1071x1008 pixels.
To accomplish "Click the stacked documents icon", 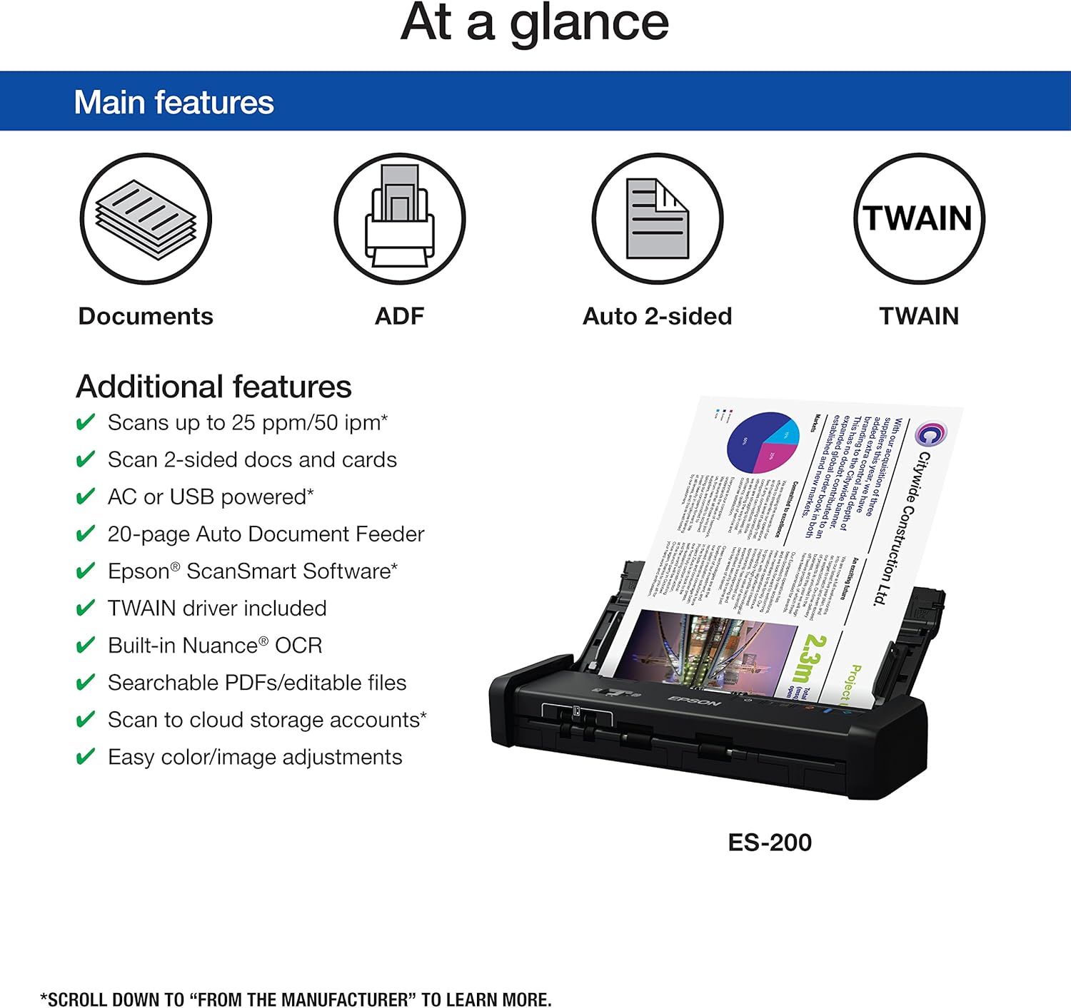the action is [146, 218].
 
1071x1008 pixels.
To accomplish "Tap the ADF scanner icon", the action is [399, 218].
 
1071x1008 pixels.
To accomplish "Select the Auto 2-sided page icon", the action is [657, 218].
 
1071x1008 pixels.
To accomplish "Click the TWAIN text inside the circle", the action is [919, 218].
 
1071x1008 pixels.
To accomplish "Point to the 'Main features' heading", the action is [174, 102].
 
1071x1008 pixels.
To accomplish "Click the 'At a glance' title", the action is [535, 23].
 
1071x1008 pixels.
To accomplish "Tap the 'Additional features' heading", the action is [213, 387].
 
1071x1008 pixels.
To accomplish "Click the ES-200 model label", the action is [770, 842].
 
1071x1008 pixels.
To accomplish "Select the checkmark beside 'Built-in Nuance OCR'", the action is [85, 646].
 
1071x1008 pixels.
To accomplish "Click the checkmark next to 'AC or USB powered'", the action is [85, 497].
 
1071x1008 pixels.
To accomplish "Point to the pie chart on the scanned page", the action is [762, 442].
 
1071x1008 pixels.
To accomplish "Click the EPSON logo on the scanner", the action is [693, 701].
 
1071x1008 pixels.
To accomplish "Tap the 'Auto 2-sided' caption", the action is [657, 316].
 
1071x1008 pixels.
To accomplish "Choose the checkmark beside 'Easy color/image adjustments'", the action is [85, 757].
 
